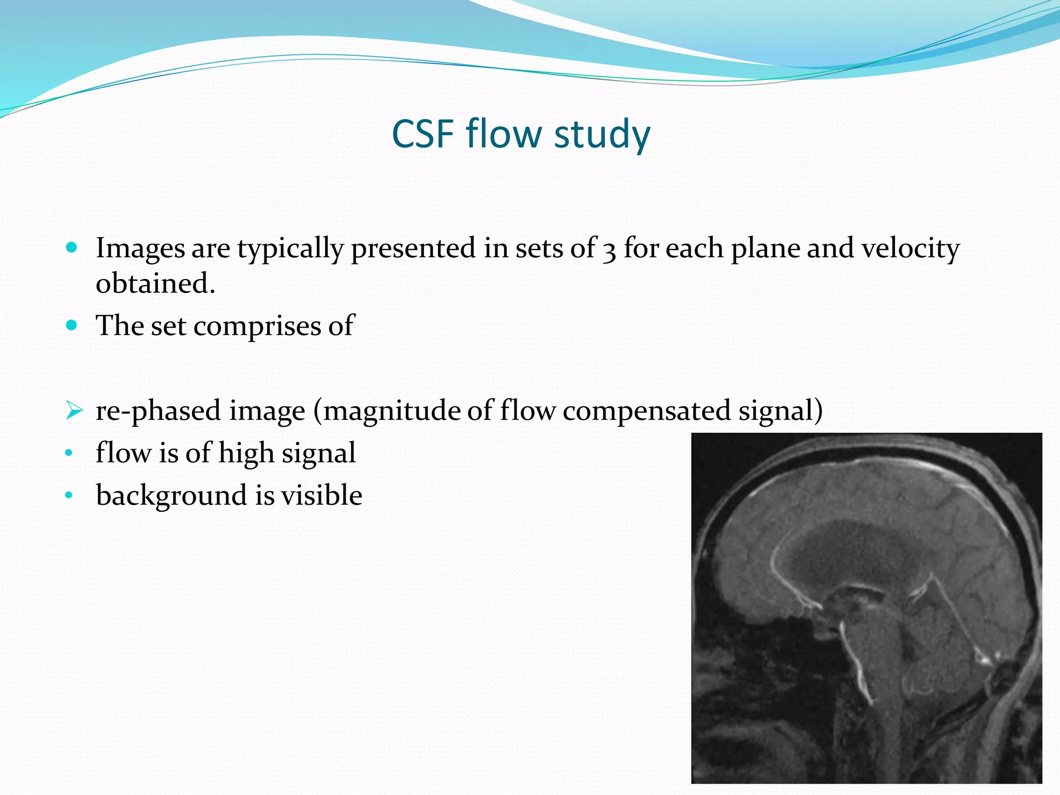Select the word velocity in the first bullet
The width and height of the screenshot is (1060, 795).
point(910,248)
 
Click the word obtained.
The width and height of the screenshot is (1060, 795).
point(155,284)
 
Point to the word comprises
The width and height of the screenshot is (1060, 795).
point(257,326)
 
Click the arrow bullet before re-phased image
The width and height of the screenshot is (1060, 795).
point(74,411)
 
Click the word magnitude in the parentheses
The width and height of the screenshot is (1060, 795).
point(392,411)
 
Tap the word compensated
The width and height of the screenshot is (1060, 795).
point(646,411)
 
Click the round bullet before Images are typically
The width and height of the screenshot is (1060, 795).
point(72,247)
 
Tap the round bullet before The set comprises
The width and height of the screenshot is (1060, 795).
point(72,326)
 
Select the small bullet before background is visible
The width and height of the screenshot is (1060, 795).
point(69,496)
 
